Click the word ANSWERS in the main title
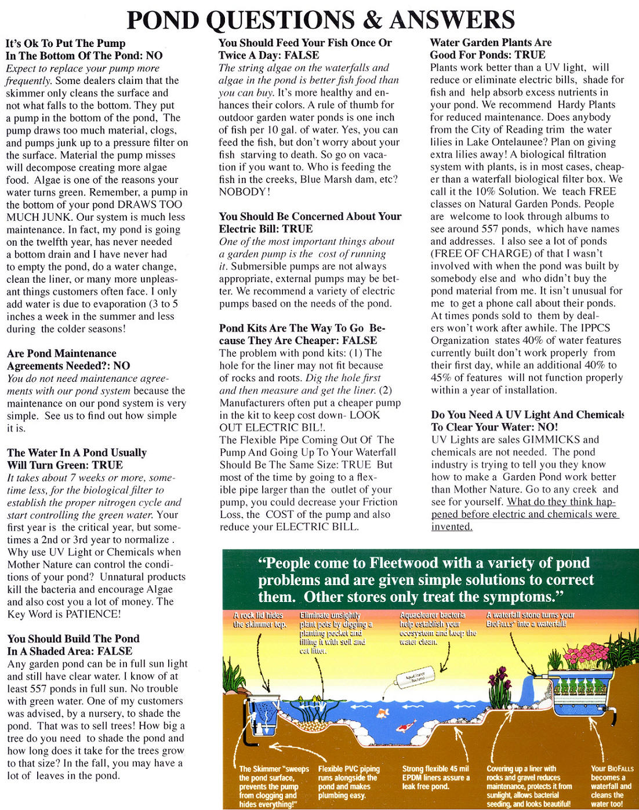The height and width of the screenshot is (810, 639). pyautogui.click(x=452, y=20)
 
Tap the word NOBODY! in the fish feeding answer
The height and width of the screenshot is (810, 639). pyautogui.click(x=244, y=192)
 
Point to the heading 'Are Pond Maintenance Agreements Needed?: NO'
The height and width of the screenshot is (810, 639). pyautogui.click(x=68, y=360)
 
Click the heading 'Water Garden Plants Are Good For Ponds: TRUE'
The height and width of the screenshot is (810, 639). pyautogui.click(x=490, y=49)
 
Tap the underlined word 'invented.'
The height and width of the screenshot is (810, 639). pyautogui.click(x=452, y=527)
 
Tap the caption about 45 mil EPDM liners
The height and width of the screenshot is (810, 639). pyautogui.click(x=435, y=778)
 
